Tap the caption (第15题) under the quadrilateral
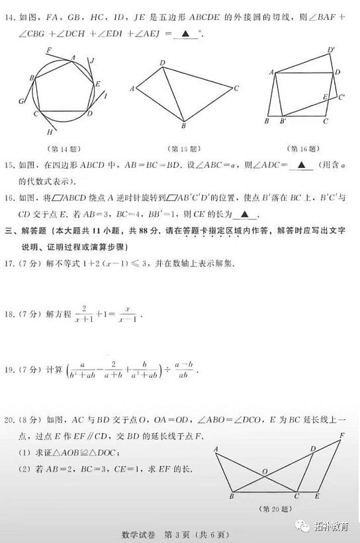click(x=182, y=148)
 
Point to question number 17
click(x=11, y=263)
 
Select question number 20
click(x=11, y=419)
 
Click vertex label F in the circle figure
click(x=48, y=50)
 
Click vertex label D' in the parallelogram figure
click(x=330, y=50)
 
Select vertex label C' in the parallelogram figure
click(x=341, y=97)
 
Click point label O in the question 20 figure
click(x=264, y=471)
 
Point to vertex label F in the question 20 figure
click(x=342, y=435)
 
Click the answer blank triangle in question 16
click(x=245, y=214)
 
